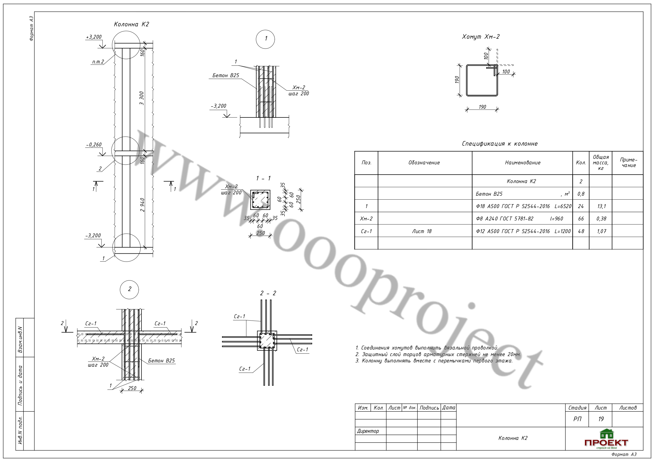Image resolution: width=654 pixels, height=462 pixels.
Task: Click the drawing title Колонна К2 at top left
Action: [131, 24]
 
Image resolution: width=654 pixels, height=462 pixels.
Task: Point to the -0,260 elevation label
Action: [94, 145]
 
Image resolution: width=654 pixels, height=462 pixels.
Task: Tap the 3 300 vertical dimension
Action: [142, 98]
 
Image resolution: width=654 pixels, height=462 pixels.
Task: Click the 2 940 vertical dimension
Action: [142, 205]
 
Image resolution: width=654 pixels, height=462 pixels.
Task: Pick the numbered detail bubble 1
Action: [265, 39]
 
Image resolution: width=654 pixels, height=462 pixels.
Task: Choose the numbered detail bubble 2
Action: [130, 289]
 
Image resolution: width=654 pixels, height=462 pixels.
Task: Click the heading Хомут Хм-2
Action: [481, 37]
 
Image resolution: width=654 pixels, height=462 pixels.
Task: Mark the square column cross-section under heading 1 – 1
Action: [260, 200]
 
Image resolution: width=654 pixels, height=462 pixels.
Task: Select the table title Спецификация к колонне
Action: [500, 144]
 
